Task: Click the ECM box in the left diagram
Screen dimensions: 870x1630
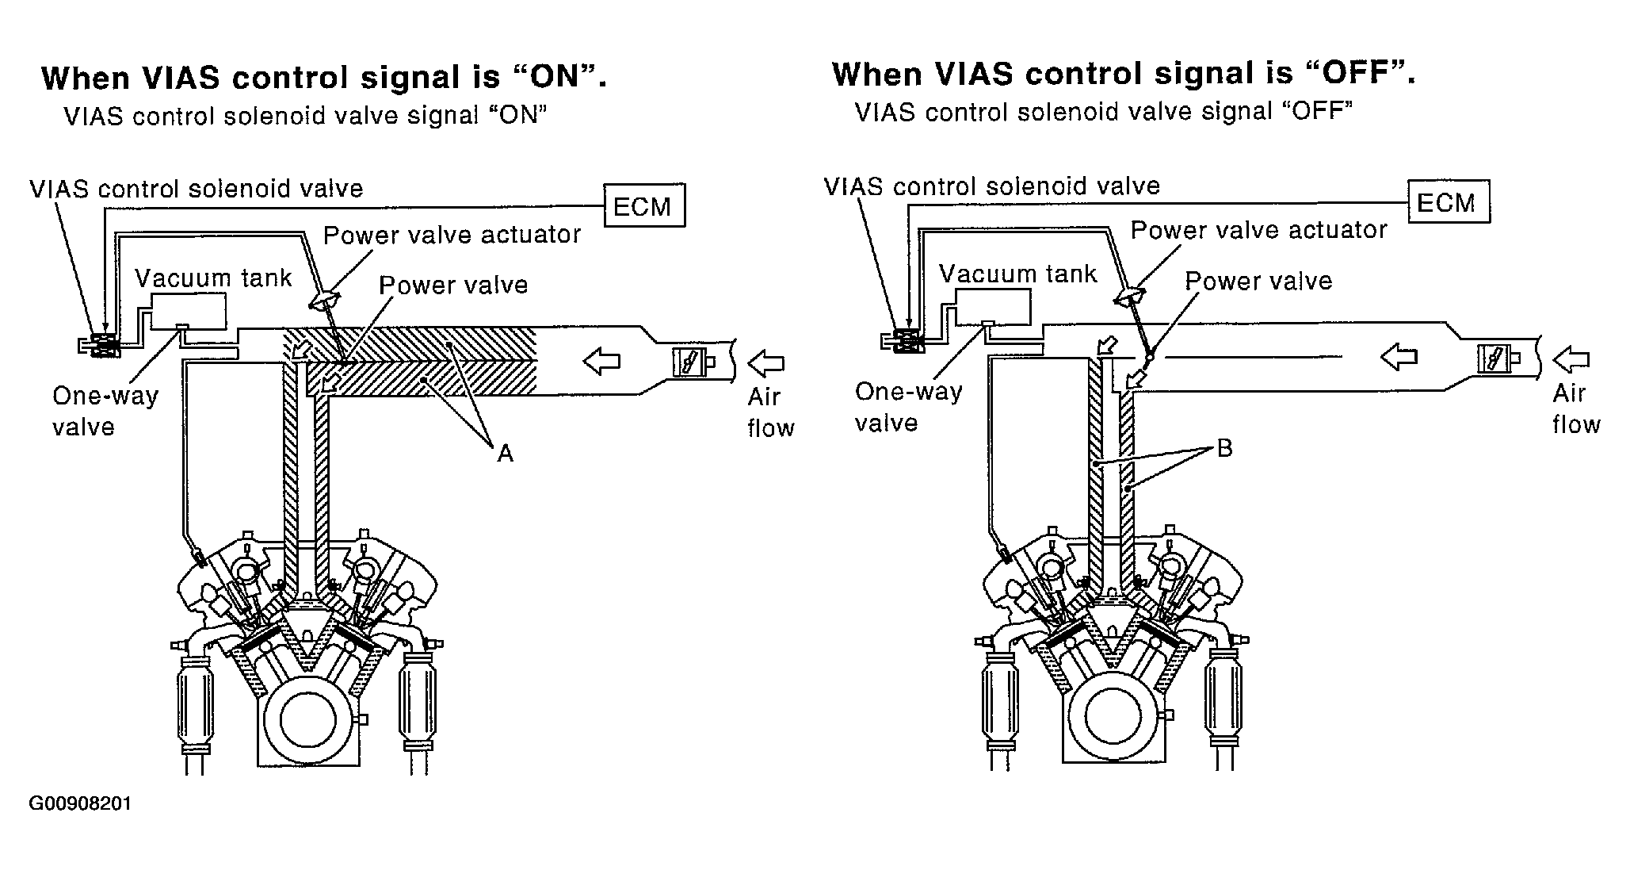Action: coord(643,206)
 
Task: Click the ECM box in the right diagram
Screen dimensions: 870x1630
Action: coord(1447,203)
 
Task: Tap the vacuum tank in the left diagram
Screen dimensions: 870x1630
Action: coord(189,309)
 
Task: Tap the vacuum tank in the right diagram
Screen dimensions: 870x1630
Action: coord(993,306)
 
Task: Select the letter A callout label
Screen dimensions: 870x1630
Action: coord(506,453)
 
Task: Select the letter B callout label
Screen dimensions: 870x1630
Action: coord(1224,449)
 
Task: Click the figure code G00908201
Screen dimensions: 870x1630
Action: coord(80,803)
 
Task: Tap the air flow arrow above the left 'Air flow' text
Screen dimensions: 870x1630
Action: coord(765,363)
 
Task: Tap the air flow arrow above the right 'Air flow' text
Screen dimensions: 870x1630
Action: coord(1570,359)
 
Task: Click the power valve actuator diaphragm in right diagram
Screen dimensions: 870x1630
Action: coord(1129,297)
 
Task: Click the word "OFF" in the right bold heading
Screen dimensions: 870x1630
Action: coord(1356,74)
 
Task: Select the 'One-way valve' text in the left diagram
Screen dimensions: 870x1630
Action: coord(105,411)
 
